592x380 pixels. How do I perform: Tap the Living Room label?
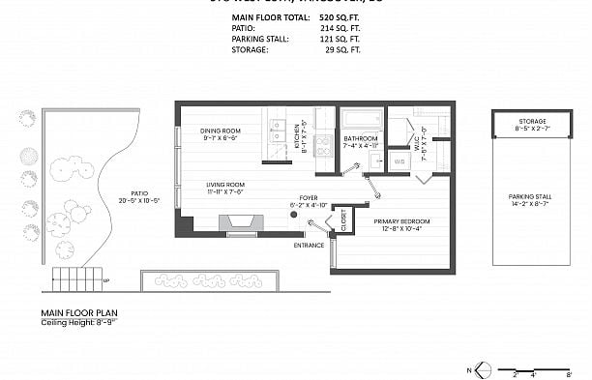click(x=224, y=184)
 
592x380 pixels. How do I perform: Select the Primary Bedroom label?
click(x=401, y=221)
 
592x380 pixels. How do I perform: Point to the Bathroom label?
click(x=361, y=139)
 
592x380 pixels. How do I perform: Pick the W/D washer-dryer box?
click(x=399, y=161)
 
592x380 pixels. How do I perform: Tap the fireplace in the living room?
click(x=240, y=224)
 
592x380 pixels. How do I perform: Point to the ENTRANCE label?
click(x=309, y=246)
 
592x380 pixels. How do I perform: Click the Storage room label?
click(x=531, y=120)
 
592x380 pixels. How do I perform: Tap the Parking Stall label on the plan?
click(x=530, y=199)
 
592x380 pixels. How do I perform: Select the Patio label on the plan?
click(x=132, y=192)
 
